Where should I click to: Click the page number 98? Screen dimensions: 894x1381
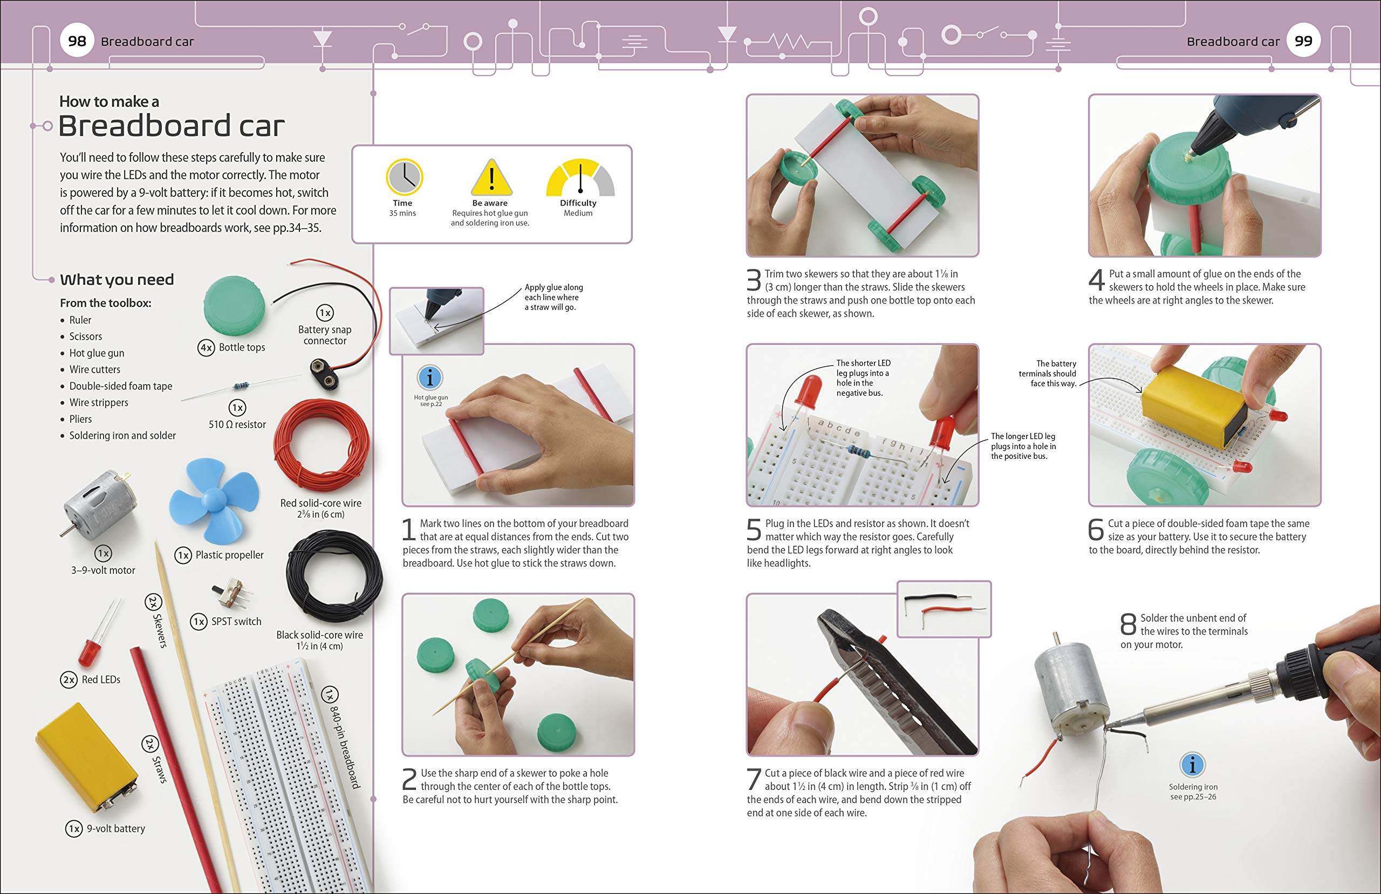point(77,41)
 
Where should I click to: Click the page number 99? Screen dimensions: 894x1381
point(1303,41)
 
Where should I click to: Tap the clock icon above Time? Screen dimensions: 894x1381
point(404,177)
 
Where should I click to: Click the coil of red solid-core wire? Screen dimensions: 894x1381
point(321,445)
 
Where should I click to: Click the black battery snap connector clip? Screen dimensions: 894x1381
point(324,374)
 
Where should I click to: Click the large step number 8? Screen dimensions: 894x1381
point(1128,625)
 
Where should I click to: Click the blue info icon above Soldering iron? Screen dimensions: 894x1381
point(1192,765)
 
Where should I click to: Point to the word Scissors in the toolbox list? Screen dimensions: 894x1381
point(85,336)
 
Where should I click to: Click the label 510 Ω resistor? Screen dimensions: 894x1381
point(237,425)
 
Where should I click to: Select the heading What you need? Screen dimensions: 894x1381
point(117,280)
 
